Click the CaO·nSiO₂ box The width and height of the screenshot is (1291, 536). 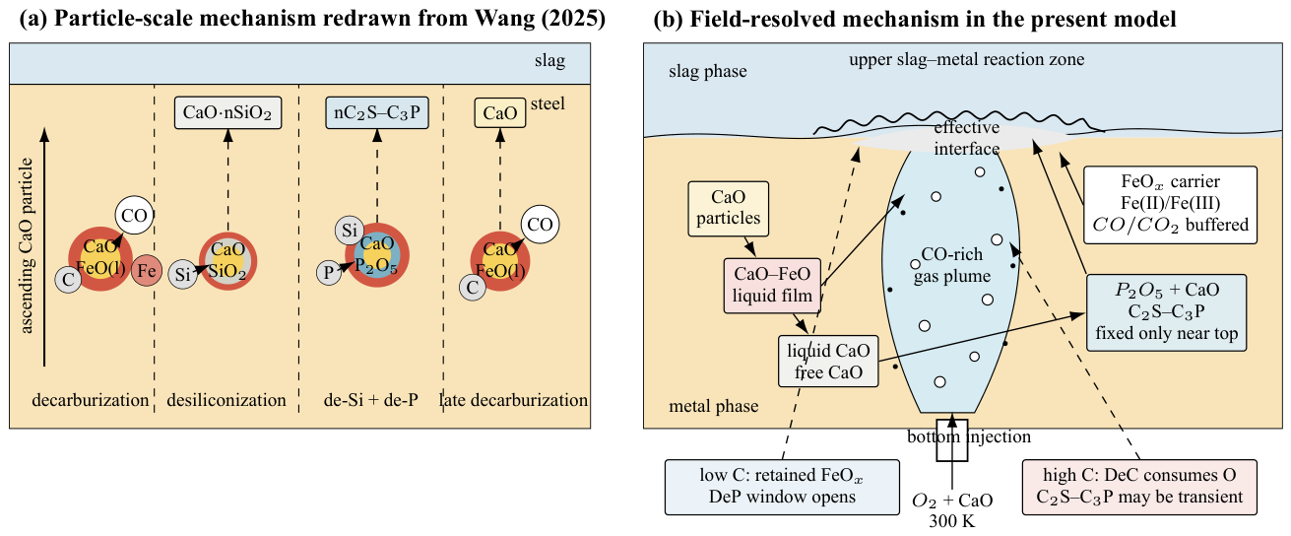pyautogui.click(x=227, y=112)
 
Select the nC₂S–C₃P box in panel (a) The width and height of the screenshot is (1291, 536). pyautogui.click(x=377, y=112)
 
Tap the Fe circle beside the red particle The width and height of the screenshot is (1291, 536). pyautogui.click(x=147, y=270)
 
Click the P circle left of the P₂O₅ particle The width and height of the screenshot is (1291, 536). pyautogui.click(x=329, y=272)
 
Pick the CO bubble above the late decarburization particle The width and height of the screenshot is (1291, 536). pyautogui.click(x=540, y=225)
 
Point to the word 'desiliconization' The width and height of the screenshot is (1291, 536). pyautogui.click(x=226, y=400)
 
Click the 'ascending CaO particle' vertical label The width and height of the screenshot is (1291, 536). pyautogui.click(x=26, y=245)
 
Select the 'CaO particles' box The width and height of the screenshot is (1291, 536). pyautogui.click(x=728, y=208)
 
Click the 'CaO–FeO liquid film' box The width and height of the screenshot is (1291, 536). pyautogui.click(x=772, y=285)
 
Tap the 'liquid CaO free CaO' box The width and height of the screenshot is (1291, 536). pyautogui.click(x=828, y=362)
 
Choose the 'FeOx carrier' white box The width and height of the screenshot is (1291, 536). pyautogui.click(x=1170, y=205)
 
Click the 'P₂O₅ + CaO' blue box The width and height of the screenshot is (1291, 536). pyautogui.click(x=1167, y=312)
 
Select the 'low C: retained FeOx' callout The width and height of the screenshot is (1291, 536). pyautogui.click(x=782, y=487)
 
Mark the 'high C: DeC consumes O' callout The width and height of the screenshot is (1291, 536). pyautogui.click(x=1139, y=487)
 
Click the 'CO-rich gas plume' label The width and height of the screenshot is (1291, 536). pyautogui.click(x=952, y=265)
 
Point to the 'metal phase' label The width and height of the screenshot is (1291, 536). pyautogui.click(x=714, y=406)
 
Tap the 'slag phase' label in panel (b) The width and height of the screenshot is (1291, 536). pyautogui.click(x=708, y=71)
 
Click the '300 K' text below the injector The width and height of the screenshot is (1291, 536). pyautogui.click(x=951, y=521)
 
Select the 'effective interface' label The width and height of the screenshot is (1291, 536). pyautogui.click(x=966, y=138)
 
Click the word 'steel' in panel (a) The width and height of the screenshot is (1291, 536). pyautogui.click(x=548, y=103)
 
